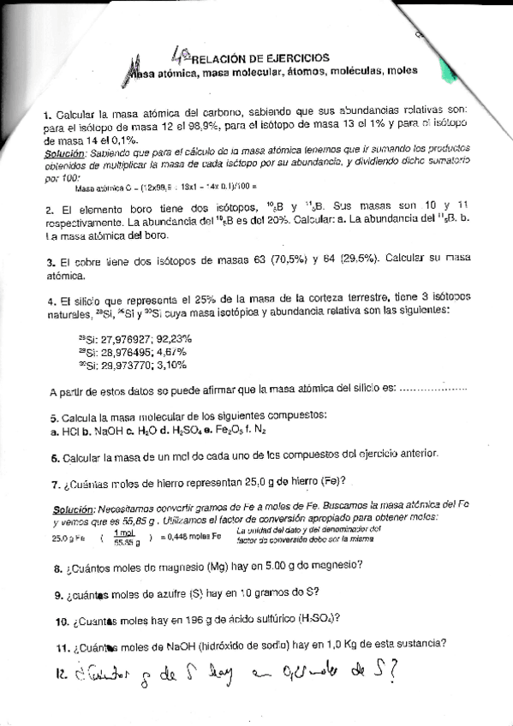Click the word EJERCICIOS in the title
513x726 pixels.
[x=287, y=58]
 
